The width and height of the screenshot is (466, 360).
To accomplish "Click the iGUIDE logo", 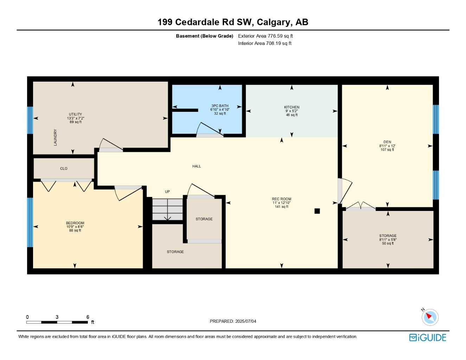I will (428, 337).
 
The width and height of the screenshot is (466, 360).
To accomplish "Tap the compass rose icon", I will (430, 317).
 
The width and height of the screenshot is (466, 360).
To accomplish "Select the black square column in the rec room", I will (317, 211).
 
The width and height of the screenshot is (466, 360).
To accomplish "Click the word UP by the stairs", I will (167, 192).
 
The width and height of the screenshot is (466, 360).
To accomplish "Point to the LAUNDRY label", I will (55, 137).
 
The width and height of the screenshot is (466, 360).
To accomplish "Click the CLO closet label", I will (64, 168).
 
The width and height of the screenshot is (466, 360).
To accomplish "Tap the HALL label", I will (197, 166).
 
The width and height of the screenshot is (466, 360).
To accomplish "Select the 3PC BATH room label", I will (220, 106).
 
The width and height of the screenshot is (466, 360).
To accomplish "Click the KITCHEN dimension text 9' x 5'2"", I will (292, 111).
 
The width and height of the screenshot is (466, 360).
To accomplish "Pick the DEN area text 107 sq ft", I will (387, 150).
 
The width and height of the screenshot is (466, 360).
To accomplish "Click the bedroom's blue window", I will (30, 222).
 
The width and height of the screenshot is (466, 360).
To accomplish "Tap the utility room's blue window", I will (30, 120).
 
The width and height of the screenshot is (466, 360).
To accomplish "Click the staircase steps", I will (167, 210).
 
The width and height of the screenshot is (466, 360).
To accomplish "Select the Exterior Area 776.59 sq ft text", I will (265, 36).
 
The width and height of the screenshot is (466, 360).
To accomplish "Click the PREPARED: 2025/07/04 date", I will (233, 321).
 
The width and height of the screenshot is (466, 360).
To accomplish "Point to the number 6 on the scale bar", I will (88, 317).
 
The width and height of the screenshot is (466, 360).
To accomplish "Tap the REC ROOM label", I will (282, 199).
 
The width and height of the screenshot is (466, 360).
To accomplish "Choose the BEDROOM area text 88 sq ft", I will (75, 231).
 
